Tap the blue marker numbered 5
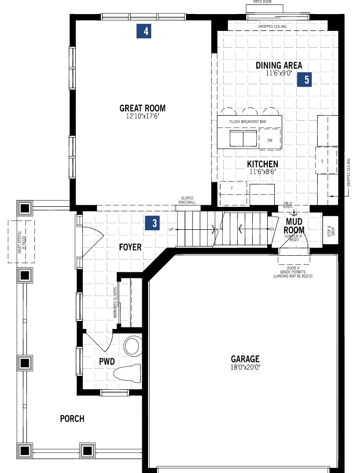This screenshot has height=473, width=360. (305, 79)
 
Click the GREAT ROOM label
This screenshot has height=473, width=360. (143, 108)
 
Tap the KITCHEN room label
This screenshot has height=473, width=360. (262, 164)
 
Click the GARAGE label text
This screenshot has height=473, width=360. (245, 359)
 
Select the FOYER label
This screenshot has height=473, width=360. (130, 247)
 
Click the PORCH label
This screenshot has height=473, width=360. (72, 419)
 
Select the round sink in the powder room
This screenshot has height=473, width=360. (132, 346)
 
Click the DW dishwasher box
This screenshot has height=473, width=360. (270, 140)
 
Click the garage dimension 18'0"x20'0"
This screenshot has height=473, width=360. (245, 367)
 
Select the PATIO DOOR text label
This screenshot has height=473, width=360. (263, 2)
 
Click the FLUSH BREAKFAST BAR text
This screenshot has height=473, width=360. (248, 121)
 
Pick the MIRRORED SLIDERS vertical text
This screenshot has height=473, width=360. (115, 303)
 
